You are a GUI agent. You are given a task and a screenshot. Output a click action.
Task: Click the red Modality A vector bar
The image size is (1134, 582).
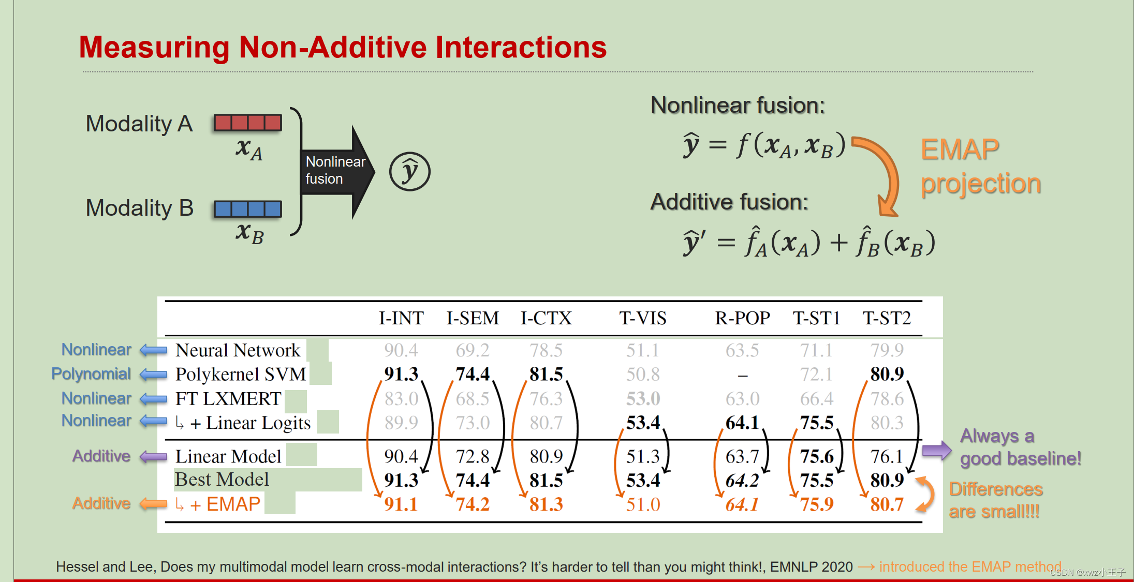248,123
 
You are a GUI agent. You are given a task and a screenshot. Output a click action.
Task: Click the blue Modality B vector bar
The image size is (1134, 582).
248,209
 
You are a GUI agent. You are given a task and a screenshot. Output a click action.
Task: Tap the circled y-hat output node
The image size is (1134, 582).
409,172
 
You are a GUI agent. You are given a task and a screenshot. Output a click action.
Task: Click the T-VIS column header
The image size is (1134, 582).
642,318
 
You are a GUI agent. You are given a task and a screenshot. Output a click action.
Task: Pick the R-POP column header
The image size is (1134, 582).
742,318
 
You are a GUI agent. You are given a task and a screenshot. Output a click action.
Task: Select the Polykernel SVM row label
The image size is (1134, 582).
241,374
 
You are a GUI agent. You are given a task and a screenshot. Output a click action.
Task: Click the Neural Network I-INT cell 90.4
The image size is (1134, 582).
401,350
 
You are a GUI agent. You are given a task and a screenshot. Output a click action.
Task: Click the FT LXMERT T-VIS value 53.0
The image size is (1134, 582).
643,398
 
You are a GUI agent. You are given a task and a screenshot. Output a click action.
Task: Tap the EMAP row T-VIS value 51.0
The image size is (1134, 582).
643,504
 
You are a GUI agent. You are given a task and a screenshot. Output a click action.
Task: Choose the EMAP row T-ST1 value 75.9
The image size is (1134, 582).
816,504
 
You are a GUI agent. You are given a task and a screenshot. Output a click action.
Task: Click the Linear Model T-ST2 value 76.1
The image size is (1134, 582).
886,456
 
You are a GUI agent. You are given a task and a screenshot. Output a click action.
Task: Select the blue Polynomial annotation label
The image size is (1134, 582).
91,374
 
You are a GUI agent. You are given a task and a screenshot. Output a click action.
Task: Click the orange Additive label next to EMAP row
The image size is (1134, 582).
101,503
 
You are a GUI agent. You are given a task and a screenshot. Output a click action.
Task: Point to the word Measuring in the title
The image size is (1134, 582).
154,48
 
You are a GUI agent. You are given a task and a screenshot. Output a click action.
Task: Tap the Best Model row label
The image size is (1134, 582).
222,480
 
